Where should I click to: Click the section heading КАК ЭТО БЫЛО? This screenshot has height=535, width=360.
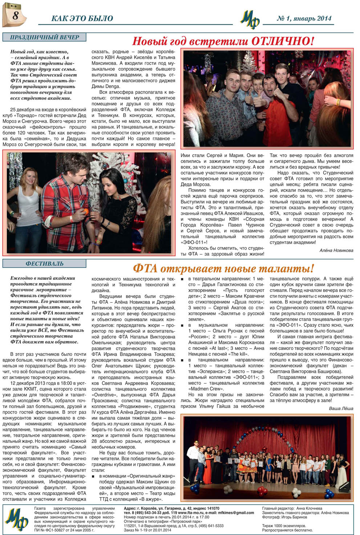coord(82,18)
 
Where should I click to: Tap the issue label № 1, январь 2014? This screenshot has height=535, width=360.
coord(304,18)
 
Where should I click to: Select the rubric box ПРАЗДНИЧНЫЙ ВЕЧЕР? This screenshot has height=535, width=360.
coord(44,37)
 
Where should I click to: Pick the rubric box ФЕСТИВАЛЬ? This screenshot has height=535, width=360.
coord(44,264)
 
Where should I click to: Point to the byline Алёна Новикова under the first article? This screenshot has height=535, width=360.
coord(336,250)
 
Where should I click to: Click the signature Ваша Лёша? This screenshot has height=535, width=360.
coord(341,408)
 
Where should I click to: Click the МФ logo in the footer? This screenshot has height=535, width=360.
coord(17,520)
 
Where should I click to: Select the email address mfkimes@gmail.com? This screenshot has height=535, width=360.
coord(236,513)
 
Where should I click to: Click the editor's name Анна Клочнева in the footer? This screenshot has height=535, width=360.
coord(309,509)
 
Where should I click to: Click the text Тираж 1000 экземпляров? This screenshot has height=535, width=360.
coord(284,526)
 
